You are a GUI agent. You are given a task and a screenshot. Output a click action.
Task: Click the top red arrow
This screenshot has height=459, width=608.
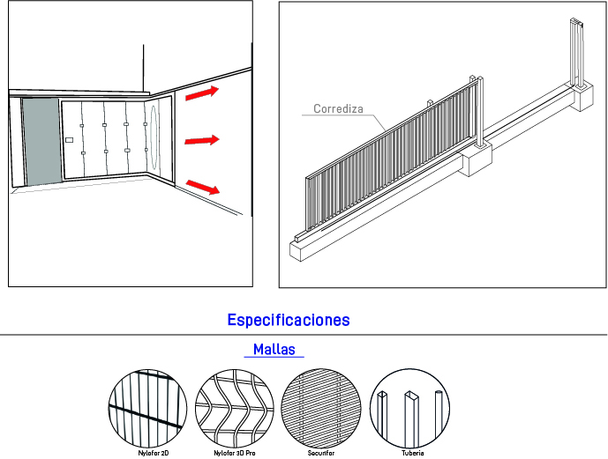coord(202,93)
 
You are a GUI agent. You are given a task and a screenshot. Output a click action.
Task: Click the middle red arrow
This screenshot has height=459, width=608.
coord(202,140)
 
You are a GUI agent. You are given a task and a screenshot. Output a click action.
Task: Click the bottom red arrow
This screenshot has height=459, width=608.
coord(203,187)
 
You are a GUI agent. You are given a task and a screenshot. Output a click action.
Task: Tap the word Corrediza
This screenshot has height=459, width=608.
coord(338,108)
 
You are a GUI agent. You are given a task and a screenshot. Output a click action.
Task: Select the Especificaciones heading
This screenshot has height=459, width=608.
coord(289,320)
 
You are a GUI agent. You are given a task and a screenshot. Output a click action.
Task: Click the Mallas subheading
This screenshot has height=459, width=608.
coord(274,349)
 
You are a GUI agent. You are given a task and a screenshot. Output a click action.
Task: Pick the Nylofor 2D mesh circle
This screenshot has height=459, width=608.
coord(147,409)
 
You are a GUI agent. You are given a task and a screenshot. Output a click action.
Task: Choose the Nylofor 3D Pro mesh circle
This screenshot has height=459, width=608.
coord(234,409)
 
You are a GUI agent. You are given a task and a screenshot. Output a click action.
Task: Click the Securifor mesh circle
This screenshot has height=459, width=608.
coord(320,408)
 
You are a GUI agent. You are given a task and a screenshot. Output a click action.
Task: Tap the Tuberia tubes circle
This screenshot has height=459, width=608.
coord(409,408)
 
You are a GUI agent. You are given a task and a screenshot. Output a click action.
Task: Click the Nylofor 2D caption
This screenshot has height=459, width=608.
coord(154,453)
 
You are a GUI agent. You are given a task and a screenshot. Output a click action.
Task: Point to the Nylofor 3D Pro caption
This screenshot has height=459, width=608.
coord(235,453)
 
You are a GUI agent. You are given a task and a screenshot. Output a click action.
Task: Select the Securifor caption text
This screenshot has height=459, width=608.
coord(321,453)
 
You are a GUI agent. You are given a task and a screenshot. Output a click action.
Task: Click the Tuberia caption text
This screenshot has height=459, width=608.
coord(413,453)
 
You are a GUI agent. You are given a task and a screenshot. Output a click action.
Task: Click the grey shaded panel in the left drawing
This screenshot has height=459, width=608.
coord(41,142)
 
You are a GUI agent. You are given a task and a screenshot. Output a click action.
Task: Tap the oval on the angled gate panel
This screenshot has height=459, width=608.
coord(154,137)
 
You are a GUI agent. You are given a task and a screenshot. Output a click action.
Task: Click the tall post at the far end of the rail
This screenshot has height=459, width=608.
coord(577,52)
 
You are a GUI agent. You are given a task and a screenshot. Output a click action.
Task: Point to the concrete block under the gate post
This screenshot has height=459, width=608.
coord(476,159)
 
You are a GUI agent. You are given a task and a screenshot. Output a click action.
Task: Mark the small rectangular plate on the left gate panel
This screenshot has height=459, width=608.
coord(69,140)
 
